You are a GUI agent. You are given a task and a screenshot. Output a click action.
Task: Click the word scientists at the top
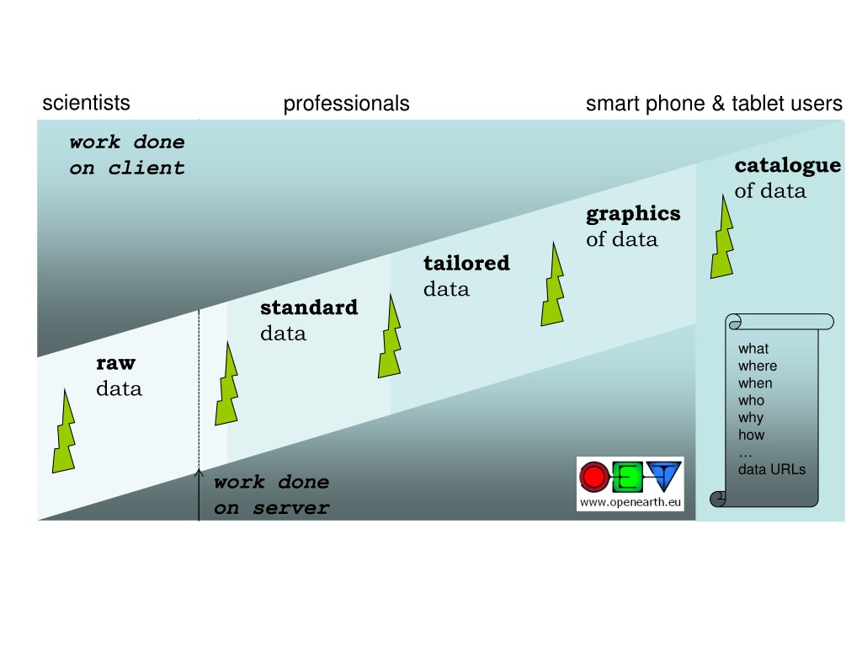(86, 103)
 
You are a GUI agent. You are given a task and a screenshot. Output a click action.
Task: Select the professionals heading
(346, 104)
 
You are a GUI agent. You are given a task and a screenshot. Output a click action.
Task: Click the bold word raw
(115, 363)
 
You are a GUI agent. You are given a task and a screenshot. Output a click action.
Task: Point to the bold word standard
(309, 307)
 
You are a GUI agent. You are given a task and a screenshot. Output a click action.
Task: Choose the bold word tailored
(466, 263)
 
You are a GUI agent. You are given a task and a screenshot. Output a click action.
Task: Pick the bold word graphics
(633, 213)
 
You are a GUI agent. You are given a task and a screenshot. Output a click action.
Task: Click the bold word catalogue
(787, 165)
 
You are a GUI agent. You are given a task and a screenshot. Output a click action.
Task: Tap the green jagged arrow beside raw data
(63, 430)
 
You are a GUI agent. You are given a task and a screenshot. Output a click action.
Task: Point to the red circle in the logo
(593, 478)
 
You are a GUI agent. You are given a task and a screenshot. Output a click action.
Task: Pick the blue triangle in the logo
(665, 476)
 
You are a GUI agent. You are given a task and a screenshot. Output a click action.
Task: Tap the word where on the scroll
(757, 366)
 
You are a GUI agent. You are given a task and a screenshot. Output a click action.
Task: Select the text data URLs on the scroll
(771, 469)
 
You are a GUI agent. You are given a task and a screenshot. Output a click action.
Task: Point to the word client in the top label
(146, 168)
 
